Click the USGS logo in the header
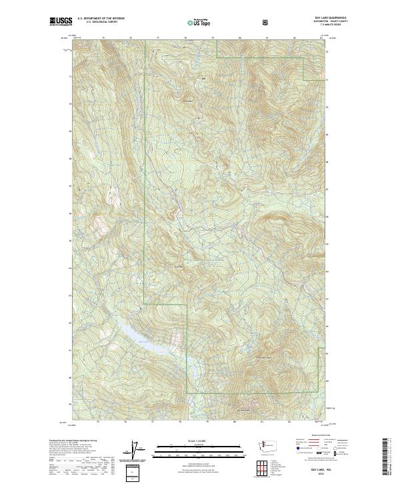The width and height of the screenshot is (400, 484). tap(61, 22)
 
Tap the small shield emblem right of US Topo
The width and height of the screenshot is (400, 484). tap(266, 22)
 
